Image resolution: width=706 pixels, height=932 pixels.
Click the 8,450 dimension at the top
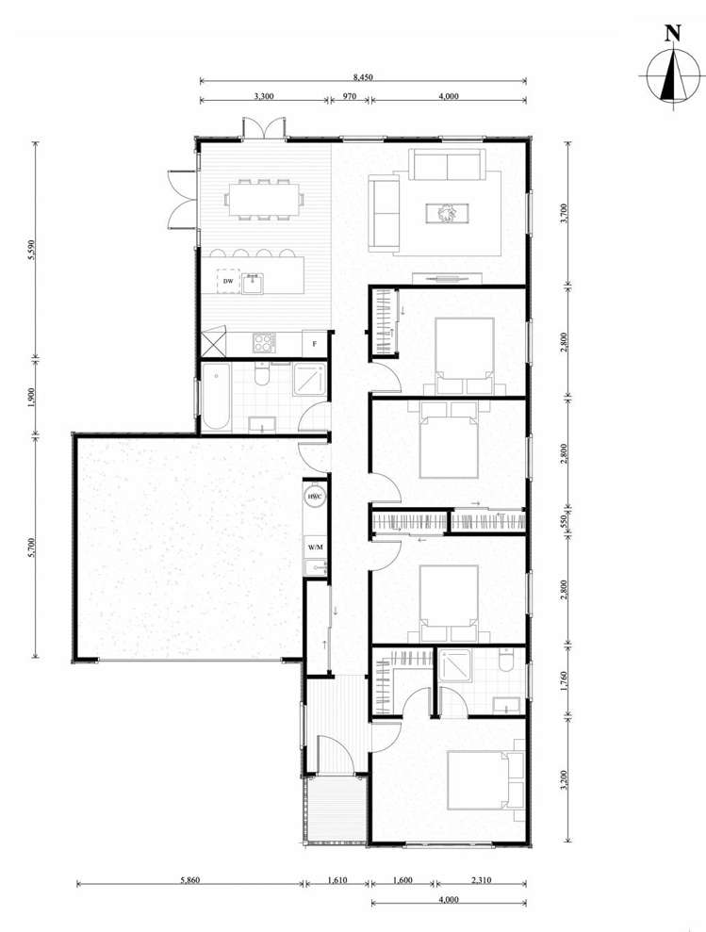pos(363,77)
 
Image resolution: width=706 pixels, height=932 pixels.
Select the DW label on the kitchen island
pos(228,282)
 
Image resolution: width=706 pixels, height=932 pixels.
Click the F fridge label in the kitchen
pos(314,344)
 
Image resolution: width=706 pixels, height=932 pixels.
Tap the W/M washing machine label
pos(314,546)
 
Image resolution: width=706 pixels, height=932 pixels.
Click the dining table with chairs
pos(264,199)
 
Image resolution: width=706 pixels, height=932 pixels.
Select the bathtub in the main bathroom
pos(217,399)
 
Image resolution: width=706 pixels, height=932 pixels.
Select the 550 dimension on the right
pos(565,524)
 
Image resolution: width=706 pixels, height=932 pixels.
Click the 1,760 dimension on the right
pos(565,680)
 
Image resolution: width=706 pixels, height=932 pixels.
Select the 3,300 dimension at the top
pos(264,95)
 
